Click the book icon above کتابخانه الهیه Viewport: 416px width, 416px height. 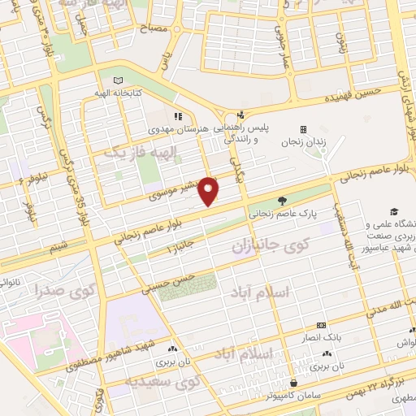[x=119, y=81]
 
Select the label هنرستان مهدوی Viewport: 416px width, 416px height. [x=180, y=129]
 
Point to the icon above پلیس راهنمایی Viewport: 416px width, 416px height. [x=240, y=116]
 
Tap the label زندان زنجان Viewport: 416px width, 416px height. [x=302, y=142]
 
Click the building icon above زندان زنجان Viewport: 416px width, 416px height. [x=303, y=129]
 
